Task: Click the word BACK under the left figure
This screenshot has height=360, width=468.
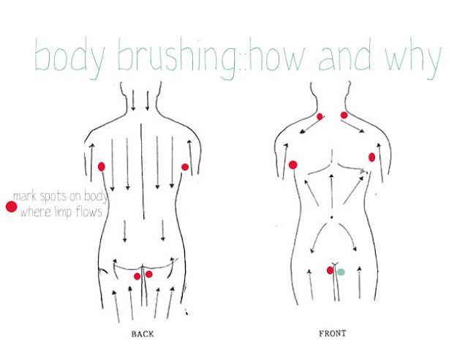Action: (143, 334)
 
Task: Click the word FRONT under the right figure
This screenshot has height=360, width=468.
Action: (333, 333)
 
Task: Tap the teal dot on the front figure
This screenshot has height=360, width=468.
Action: (341, 272)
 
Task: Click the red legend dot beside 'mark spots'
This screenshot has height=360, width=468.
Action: (12, 206)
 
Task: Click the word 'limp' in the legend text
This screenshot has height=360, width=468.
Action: (63, 212)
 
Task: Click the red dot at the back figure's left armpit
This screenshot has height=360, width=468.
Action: (102, 166)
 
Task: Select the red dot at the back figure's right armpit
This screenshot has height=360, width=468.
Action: (185, 167)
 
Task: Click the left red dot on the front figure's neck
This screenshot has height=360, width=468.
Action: (320, 116)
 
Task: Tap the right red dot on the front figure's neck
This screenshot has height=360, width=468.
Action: (344, 115)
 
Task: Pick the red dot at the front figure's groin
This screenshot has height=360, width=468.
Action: (330, 271)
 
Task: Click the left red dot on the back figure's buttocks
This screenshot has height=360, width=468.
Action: (137, 277)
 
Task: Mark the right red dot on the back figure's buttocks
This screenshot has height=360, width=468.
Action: (148, 274)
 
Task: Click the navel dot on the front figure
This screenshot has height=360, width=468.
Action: (331, 217)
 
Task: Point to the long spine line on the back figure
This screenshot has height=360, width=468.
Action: (143, 171)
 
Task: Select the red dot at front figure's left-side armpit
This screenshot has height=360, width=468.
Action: (293, 165)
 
